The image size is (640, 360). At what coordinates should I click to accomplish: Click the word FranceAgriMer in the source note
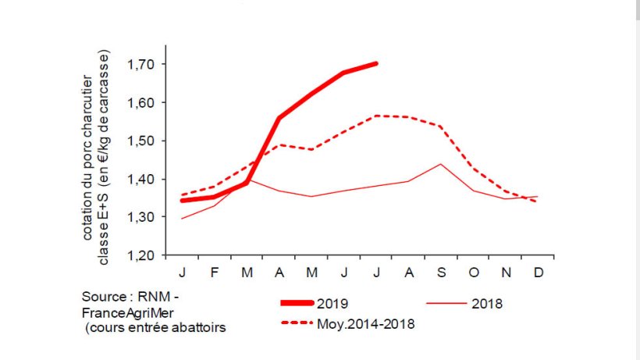(x=119, y=312)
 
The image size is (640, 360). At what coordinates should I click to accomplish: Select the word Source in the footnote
(x=103, y=298)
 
